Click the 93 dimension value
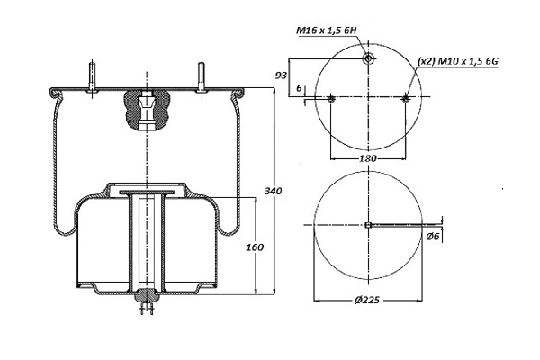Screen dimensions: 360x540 click(x=281, y=75)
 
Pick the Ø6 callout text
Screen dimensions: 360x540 click(x=434, y=237)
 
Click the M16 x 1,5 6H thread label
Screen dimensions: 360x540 click(x=327, y=30)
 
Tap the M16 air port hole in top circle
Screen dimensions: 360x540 click(x=369, y=58)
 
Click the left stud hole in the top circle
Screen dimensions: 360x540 click(x=332, y=98)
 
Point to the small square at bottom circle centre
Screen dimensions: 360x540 click(x=369, y=225)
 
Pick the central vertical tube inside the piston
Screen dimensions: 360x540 click(x=146, y=243)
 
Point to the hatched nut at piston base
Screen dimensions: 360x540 click(x=146, y=294)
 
